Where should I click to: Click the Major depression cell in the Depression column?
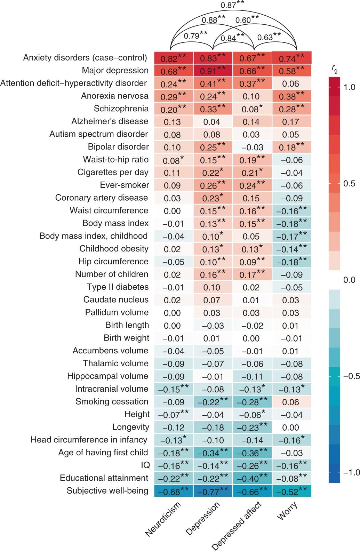click(x=213, y=71)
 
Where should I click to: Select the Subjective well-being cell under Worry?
click(x=291, y=491)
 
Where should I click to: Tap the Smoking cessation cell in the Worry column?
click(x=291, y=402)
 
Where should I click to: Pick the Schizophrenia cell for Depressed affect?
click(x=252, y=109)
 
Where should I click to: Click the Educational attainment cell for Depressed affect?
click(x=252, y=478)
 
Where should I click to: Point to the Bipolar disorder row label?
click(x=118, y=147)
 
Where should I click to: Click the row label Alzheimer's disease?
click(x=110, y=121)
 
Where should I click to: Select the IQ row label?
click(x=145, y=465)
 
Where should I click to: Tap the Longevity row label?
click(x=130, y=427)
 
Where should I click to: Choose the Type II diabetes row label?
click(x=118, y=287)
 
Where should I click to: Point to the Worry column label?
click(x=287, y=511)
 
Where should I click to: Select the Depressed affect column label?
click(x=237, y=526)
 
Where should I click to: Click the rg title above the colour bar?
click(x=334, y=70)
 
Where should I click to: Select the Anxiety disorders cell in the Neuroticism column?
click(x=173, y=58)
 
